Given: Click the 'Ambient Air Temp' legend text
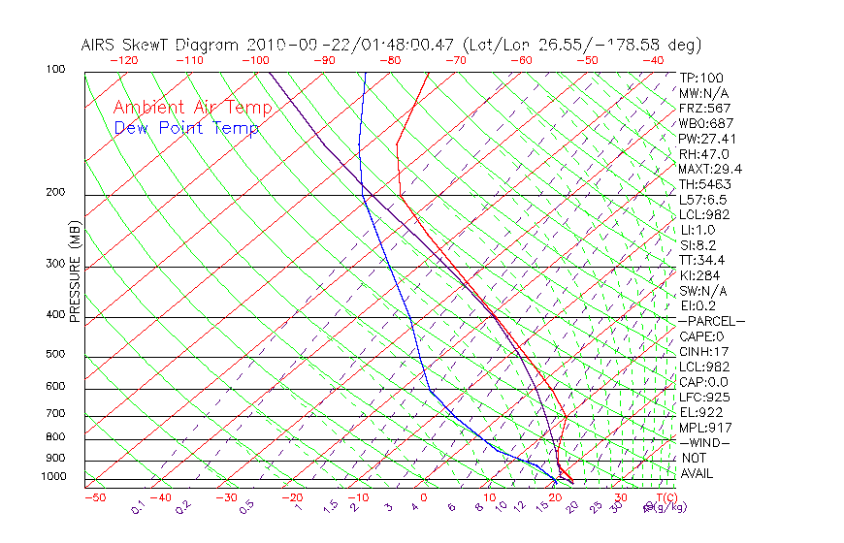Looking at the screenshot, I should (x=192, y=108).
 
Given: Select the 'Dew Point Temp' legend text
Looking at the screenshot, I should (x=186, y=128).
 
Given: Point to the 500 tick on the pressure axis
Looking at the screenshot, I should (x=55, y=355).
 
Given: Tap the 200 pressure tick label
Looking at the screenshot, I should (x=55, y=193).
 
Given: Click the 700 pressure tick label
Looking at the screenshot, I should (x=55, y=414).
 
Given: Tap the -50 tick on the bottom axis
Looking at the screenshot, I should (x=94, y=497).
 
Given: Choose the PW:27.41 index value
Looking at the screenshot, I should (x=707, y=139).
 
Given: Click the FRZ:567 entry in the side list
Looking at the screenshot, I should (x=705, y=108).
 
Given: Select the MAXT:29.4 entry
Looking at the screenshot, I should (x=710, y=169).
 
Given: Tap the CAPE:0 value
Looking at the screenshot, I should (x=701, y=336).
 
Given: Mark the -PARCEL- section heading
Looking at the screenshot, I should (x=711, y=321).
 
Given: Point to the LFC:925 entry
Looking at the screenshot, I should (x=704, y=397).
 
